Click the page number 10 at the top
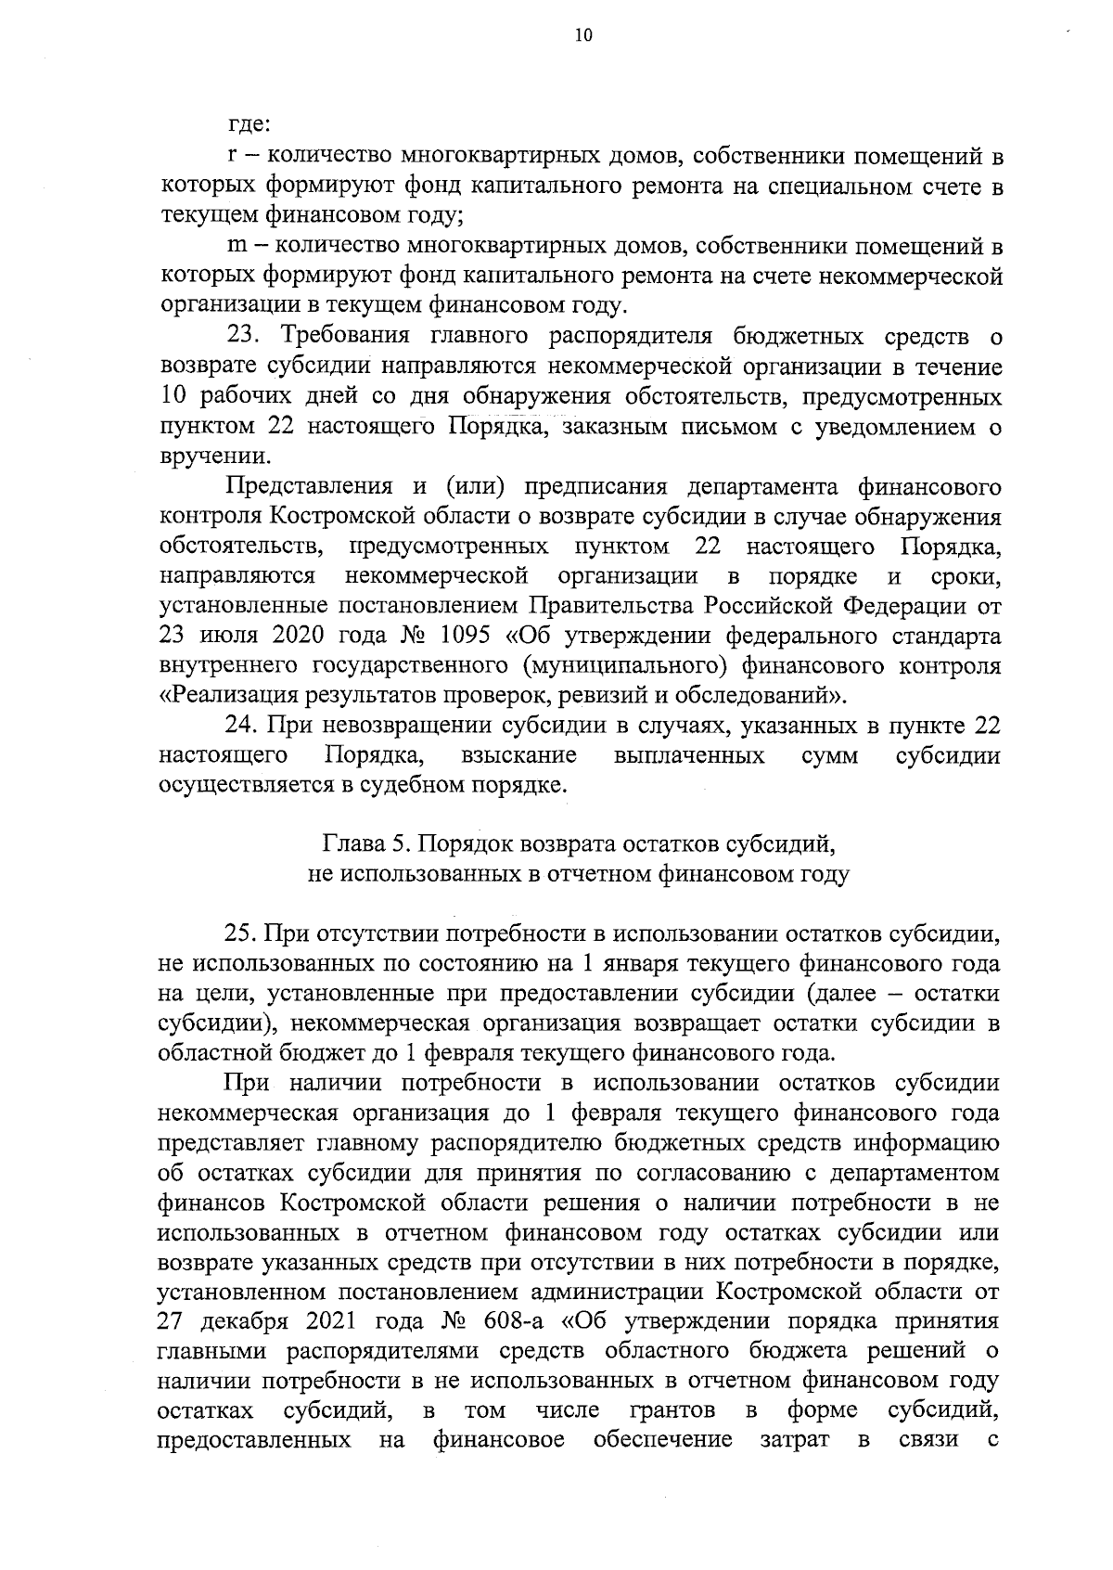click(582, 35)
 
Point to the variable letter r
click(232, 157)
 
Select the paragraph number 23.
click(246, 335)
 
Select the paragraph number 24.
click(246, 725)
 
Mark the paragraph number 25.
click(246, 933)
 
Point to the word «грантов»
click(672, 1410)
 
